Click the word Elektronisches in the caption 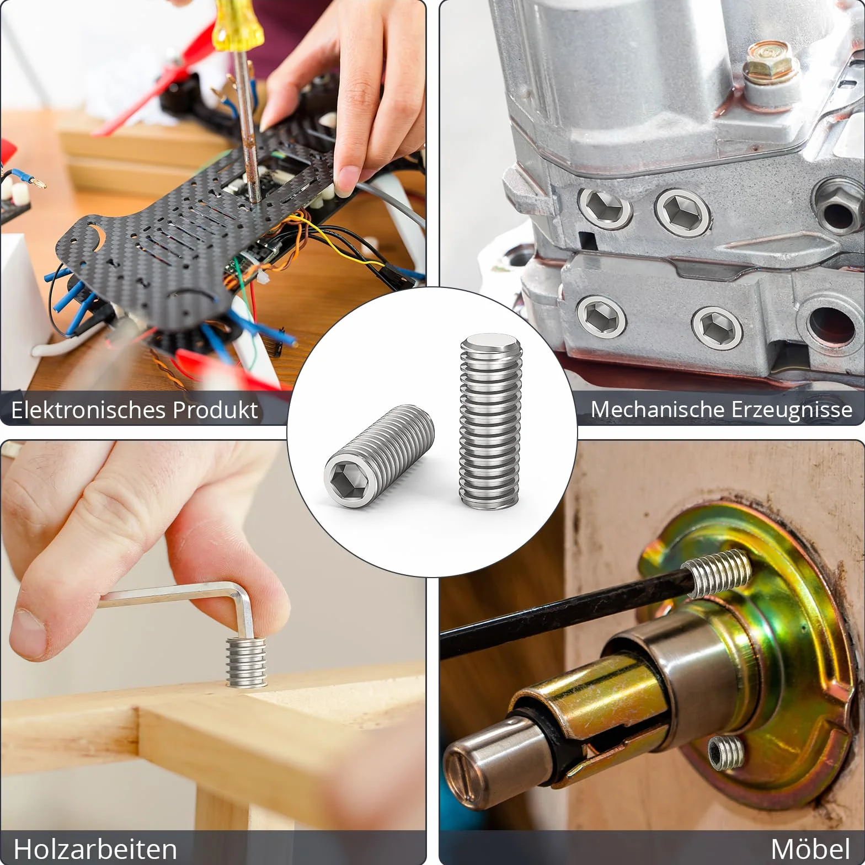click(x=88, y=410)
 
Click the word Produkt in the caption click(x=215, y=410)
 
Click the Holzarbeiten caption click(x=95, y=849)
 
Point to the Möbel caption click(x=810, y=848)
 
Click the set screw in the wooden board click(x=246, y=662)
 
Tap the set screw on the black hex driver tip click(x=716, y=574)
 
